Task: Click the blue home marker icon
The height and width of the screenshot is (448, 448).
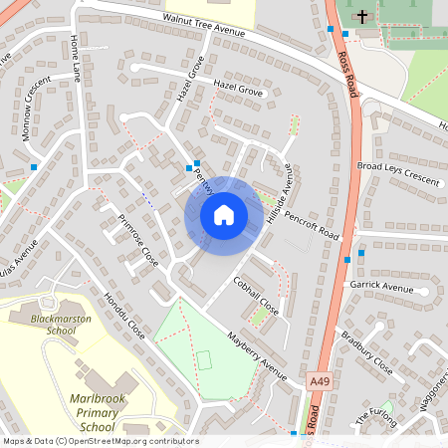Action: pos(224,214)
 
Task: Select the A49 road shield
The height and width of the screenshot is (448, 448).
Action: pos(319,381)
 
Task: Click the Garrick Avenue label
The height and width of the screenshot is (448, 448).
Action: pos(381,288)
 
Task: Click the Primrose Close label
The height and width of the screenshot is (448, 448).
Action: pos(138,239)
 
